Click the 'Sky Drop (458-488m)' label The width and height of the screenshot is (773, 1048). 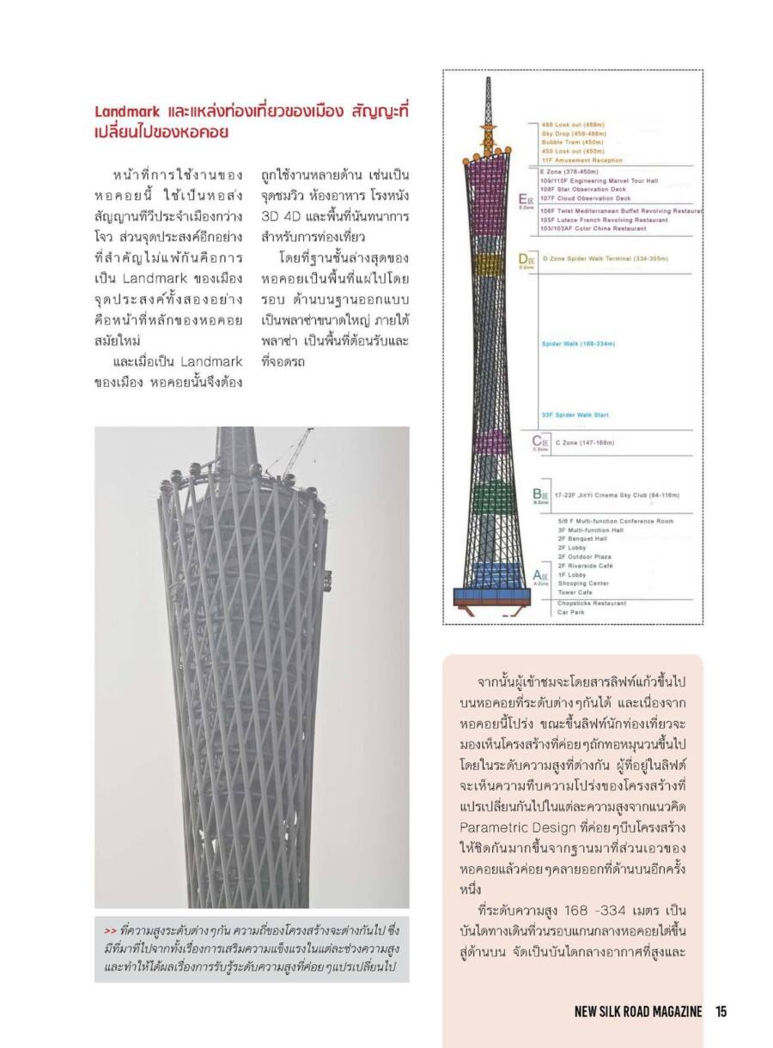(573, 135)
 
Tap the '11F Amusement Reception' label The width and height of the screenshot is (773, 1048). (582, 161)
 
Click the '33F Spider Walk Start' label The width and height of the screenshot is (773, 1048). (575, 415)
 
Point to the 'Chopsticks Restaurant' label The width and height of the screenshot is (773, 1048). (592, 603)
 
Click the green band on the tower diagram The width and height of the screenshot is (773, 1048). (487, 496)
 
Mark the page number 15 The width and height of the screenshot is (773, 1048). (721, 1011)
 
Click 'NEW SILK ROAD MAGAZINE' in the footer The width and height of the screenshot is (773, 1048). (638, 1011)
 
